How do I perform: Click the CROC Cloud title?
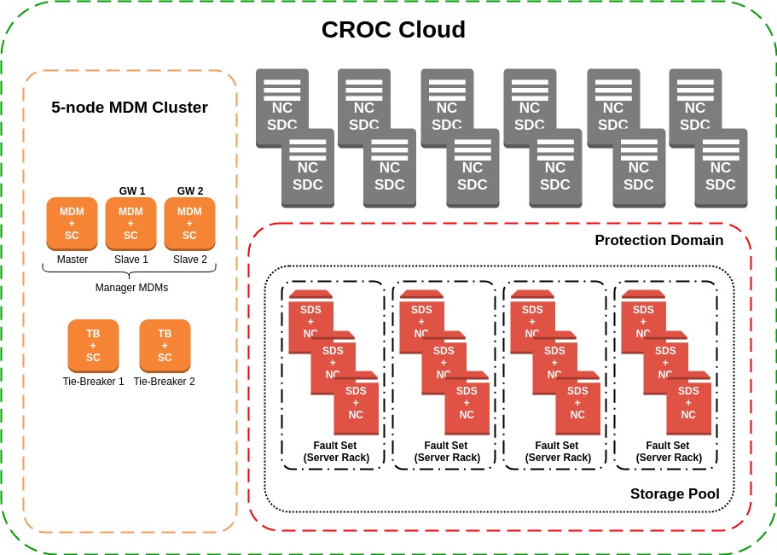point(393,30)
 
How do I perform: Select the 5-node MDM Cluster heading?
point(130,108)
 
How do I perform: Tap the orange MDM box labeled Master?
point(72,224)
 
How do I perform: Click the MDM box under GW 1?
point(130,224)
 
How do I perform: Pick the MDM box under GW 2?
point(189,224)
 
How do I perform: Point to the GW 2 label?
point(189,190)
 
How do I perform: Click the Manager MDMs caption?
point(131,288)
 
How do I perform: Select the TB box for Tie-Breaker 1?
point(93,346)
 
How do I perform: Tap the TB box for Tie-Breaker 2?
point(165,346)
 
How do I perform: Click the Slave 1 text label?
point(130,260)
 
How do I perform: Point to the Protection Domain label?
point(658,241)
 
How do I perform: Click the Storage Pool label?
point(674,494)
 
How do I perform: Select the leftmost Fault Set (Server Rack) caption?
point(336,452)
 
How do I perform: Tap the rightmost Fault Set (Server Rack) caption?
point(669,452)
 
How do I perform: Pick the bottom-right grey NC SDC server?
point(721,171)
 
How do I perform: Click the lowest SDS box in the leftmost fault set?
point(356,404)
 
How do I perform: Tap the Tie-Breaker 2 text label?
point(165,382)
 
